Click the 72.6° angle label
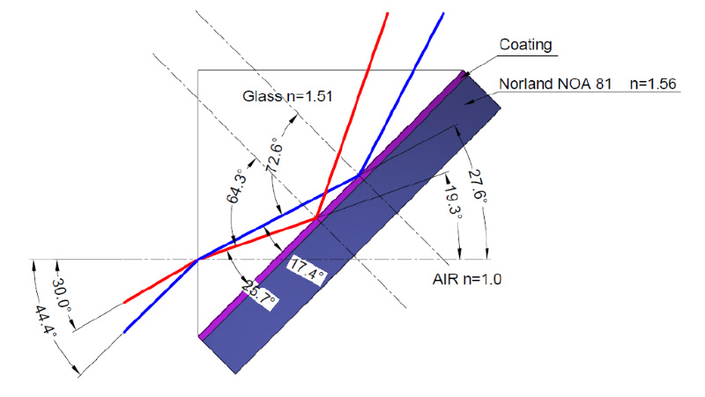[275, 158]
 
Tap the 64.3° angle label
[237, 186]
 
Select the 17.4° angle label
[308, 269]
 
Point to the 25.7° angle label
[258, 295]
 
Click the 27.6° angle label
[478, 186]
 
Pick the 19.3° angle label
[453, 201]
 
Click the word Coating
[525, 45]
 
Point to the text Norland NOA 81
[555, 84]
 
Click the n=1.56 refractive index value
[653, 84]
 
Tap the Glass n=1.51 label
[287, 96]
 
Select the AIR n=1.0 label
[467, 279]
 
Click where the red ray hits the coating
[316, 218]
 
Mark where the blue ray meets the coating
[359, 174]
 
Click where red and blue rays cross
[198, 259]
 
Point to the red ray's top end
[387, 14]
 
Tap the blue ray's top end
[443, 14]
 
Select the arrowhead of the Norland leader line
[468, 102]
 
